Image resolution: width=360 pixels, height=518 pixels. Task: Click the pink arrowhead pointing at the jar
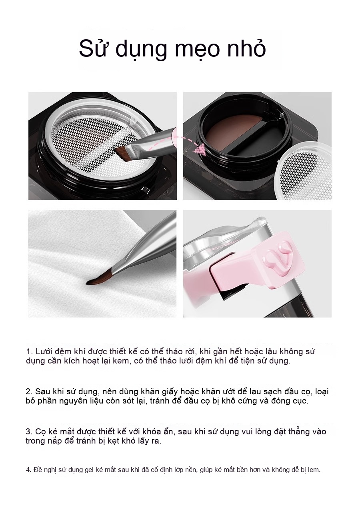[x=200, y=149]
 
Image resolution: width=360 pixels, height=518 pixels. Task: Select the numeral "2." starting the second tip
[x=29, y=392]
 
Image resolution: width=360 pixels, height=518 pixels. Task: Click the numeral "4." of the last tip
[x=29, y=470]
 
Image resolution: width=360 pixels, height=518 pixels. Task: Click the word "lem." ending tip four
[x=314, y=470]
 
